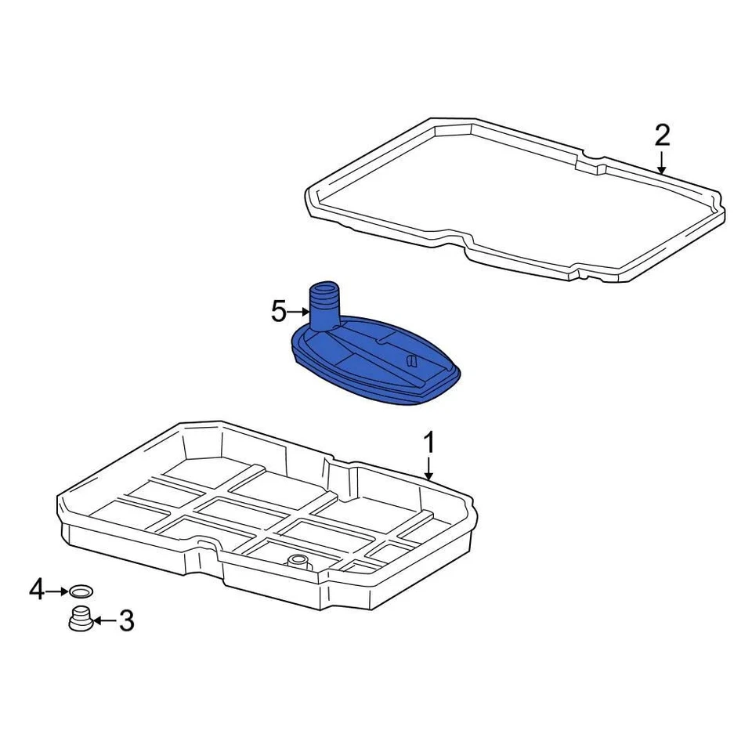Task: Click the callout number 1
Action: pos(428,444)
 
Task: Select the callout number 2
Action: pos(662,136)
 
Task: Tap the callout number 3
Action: pos(125,622)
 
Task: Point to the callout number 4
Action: pos(37,590)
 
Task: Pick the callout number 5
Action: pos(279,312)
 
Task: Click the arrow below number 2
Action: pos(662,162)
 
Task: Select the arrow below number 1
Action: pos(428,469)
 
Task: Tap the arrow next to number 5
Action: pos(299,312)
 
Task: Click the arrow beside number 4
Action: pos(59,591)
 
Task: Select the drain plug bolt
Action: pos(78,618)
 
